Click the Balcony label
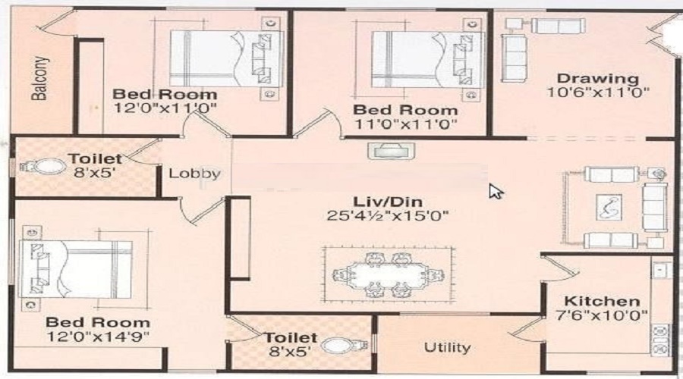tap(39, 78)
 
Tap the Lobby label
tap(195, 174)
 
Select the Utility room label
tap(447, 347)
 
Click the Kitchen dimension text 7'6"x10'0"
tap(602, 315)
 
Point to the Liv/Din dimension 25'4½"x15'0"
tap(387, 216)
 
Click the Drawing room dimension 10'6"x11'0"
tap(598, 92)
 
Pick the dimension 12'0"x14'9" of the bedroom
tap(98, 337)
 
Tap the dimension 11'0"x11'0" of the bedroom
tap(405, 124)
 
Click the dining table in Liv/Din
tap(388, 275)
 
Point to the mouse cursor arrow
tap(496, 191)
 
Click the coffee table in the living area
tap(609, 207)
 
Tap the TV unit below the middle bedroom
tap(391, 151)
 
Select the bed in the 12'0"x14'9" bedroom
tap(75, 269)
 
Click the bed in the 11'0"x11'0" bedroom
tap(428, 59)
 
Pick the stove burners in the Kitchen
tap(660, 340)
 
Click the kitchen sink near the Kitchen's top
tap(660, 271)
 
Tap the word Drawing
tap(598, 78)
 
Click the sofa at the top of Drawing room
tap(558, 26)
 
